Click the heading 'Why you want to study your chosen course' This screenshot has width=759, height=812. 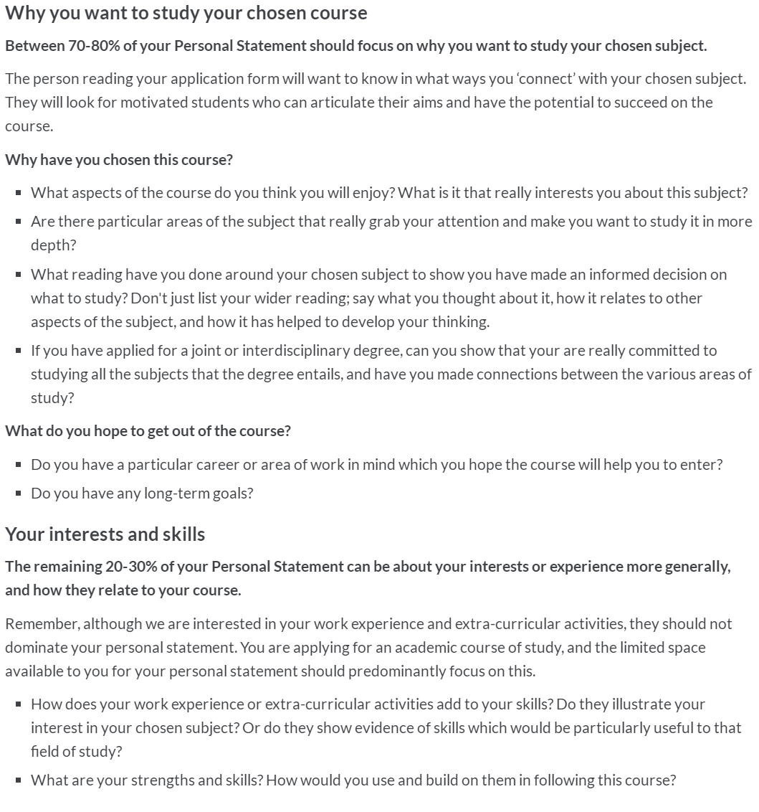[186, 13]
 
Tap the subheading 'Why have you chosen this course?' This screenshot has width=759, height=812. [119, 159]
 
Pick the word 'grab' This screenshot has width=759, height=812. [383, 221]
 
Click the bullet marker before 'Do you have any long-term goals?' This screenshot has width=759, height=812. [18, 494]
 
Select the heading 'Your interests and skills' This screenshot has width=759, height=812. [105, 534]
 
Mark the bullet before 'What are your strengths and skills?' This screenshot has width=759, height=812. [18, 780]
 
